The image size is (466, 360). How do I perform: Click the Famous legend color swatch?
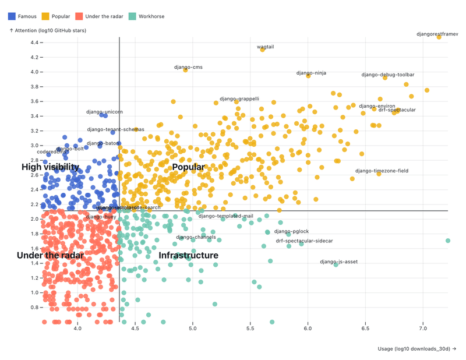click(11, 16)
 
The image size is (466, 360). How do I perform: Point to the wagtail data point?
click(263, 50)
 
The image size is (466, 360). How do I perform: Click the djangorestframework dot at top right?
click(439, 37)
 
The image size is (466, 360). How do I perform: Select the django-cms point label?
click(188, 67)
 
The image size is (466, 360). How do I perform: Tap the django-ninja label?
click(311, 73)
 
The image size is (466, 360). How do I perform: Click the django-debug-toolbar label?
click(388, 75)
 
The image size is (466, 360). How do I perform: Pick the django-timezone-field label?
click(382, 171)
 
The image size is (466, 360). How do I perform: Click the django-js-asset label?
click(339, 262)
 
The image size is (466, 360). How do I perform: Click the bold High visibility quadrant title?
click(50, 167)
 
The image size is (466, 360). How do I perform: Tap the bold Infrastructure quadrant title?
click(189, 255)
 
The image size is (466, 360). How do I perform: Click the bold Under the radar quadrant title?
click(50, 255)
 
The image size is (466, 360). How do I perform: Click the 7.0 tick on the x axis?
click(423, 329)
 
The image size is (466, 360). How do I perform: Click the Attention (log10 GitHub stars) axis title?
click(48, 30)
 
